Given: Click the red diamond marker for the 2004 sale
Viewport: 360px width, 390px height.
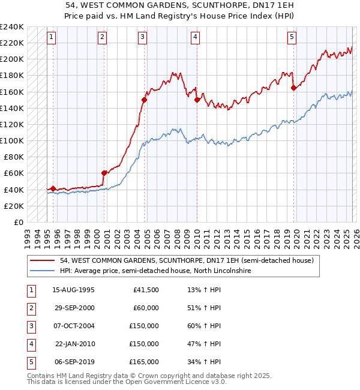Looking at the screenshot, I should [x=145, y=100].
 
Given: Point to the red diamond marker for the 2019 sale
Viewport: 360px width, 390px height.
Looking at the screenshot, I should [x=293, y=88].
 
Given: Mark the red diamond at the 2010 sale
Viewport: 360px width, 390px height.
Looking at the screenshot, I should [x=197, y=100].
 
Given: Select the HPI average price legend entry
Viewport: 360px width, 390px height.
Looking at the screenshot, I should [x=155, y=271].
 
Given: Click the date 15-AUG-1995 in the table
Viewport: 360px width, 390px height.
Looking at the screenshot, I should [x=73, y=290].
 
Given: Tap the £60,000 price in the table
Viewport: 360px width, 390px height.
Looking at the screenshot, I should [x=146, y=308].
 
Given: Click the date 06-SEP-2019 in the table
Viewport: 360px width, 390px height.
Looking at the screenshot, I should [x=73, y=362].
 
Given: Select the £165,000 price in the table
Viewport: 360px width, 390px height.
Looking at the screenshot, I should [x=144, y=362].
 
